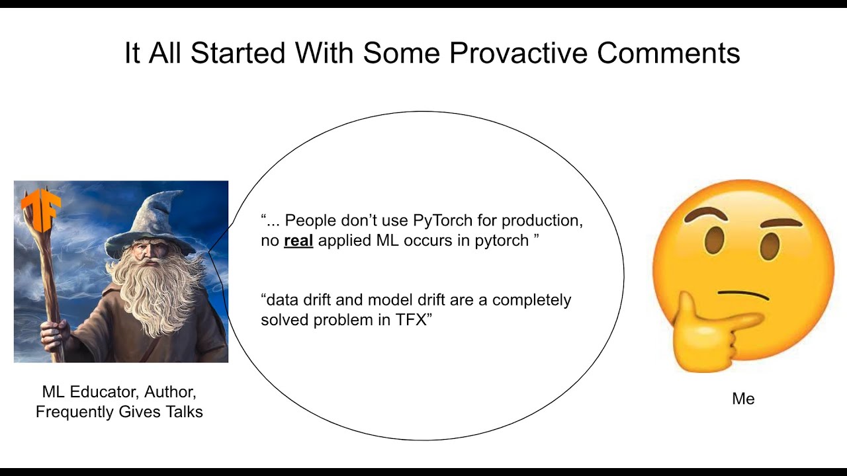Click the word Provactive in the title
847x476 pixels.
point(518,54)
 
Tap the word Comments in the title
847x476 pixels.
point(668,53)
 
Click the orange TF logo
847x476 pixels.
point(40,209)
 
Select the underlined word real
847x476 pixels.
point(298,241)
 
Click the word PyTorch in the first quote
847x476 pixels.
point(443,221)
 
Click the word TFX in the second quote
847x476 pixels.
point(411,320)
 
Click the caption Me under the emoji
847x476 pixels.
point(743,399)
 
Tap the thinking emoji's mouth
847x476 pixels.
point(743,295)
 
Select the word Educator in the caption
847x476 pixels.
point(99,392)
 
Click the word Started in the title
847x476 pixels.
point(238,54)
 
